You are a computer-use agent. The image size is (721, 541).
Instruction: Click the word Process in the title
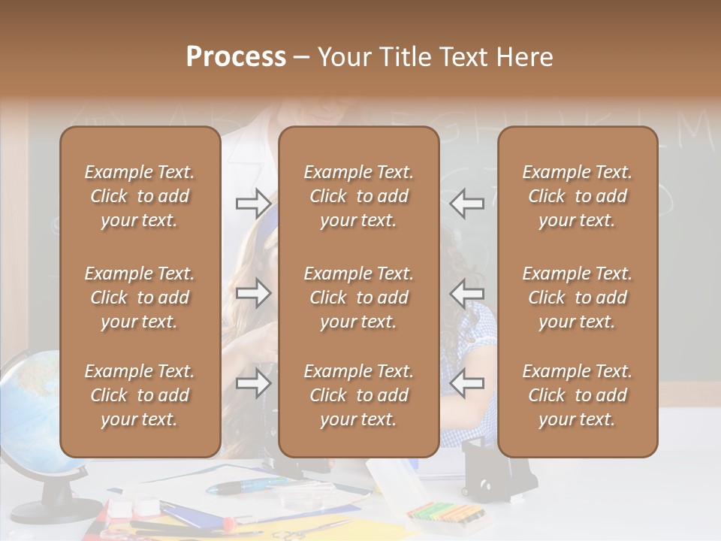[x=236, y=56]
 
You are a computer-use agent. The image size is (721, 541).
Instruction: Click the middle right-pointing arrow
[x=253, y=292]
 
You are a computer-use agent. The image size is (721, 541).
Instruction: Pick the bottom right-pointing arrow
[x=253, y=384]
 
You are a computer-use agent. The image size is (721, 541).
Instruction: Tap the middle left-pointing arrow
[x=467, y=292]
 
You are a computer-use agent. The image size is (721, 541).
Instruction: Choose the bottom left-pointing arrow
[x=467, y=384]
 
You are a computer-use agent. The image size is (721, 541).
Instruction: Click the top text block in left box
[x=140, y=196]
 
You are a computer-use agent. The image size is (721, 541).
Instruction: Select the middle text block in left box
[x=140, y=298]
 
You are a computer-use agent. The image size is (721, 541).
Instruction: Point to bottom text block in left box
[x=140, y=395]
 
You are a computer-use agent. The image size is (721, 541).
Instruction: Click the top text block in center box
[x=359, y=196]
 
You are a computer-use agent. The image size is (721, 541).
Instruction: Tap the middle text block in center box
[x=359, y=298]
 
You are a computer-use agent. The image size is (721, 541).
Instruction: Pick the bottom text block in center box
[x=359, y=395]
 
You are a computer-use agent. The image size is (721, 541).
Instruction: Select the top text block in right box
[x=578, y=196]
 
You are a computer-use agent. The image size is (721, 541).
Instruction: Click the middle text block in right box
[x=578, y=298]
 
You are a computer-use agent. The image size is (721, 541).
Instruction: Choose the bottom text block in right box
[x=578, y=395]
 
